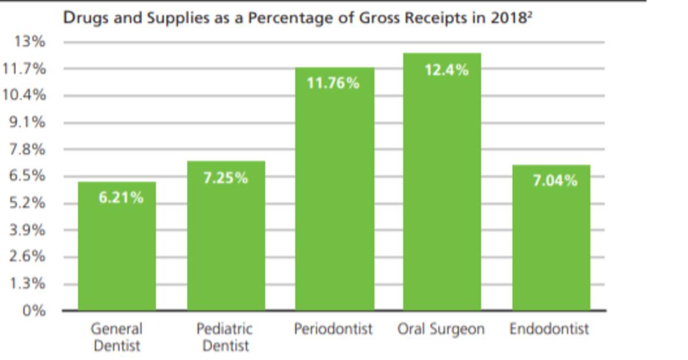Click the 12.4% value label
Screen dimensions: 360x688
(447, 71)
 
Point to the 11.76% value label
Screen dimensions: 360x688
(333, 84)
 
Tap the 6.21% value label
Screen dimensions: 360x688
(121, 198)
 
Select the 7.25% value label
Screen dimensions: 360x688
(226, 178)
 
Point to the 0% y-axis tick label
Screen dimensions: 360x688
(34, 311)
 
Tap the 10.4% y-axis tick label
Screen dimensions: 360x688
(24, 95)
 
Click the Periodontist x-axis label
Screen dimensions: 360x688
(333, 329)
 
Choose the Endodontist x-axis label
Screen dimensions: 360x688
(549, 329)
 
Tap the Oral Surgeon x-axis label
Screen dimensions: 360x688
(441, 330)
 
